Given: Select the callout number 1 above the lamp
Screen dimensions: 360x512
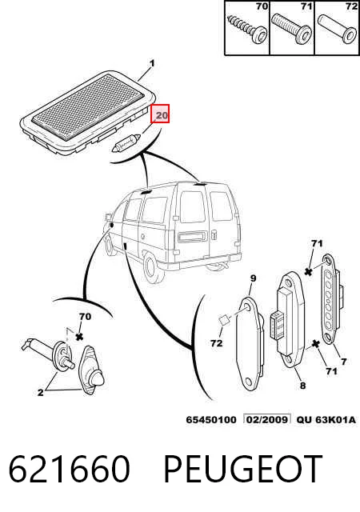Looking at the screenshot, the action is pos(152,63).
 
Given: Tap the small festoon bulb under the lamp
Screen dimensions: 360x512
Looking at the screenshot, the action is pos(126,143).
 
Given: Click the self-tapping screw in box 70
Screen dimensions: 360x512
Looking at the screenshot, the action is pos(247,28).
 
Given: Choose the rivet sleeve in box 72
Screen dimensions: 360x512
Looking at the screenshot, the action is pos(337,29).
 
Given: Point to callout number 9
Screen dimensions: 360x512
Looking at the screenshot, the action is pos(253,278).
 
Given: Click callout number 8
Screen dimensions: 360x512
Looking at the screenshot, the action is pos(303,386).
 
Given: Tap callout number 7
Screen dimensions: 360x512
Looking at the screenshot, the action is pos(343,362).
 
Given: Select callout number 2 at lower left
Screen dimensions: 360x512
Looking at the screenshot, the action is pos(41,392).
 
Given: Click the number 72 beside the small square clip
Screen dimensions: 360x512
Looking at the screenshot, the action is pos(216,343).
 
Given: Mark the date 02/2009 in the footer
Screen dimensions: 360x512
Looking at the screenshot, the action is pos(267,419).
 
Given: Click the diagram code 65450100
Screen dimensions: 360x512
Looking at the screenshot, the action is pos(211,419).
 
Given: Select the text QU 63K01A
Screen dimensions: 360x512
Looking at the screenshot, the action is pos(326,419).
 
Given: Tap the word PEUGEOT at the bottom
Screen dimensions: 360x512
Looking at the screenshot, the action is pos(242,469).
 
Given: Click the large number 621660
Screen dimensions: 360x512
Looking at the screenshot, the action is pos(69,469).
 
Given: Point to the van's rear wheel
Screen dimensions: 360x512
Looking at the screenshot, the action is pos(151,267).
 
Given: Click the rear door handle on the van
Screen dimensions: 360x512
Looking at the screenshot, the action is pos(214,234).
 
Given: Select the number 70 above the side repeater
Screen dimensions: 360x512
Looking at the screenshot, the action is pos(85,317).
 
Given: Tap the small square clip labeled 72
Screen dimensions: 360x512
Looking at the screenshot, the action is pos(223,320).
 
